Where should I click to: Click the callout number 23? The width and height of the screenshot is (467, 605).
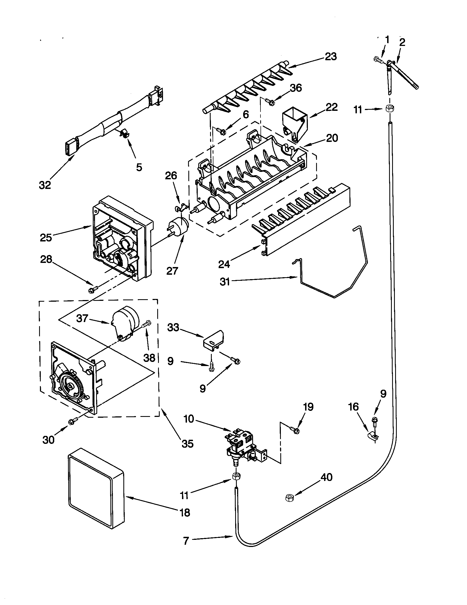coord(330,56)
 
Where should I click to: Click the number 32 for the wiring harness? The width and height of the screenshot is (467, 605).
coord(45,185)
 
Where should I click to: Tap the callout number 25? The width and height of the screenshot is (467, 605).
coord(46,238)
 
